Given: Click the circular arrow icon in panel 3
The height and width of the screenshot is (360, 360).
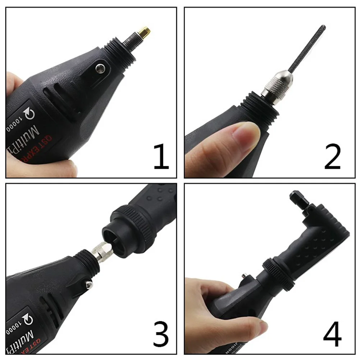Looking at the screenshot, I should [27, 319].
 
